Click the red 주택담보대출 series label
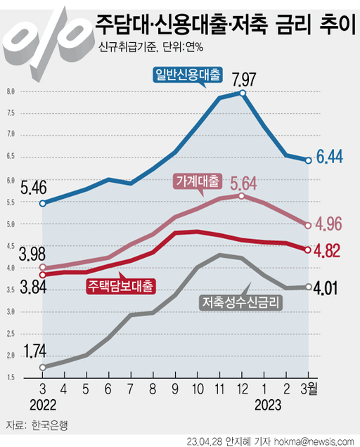(x=122, y=285)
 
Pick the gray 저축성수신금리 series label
(x=240, y=303)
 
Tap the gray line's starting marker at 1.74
(x=42, y=367)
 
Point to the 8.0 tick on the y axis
(x=11, y=92)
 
